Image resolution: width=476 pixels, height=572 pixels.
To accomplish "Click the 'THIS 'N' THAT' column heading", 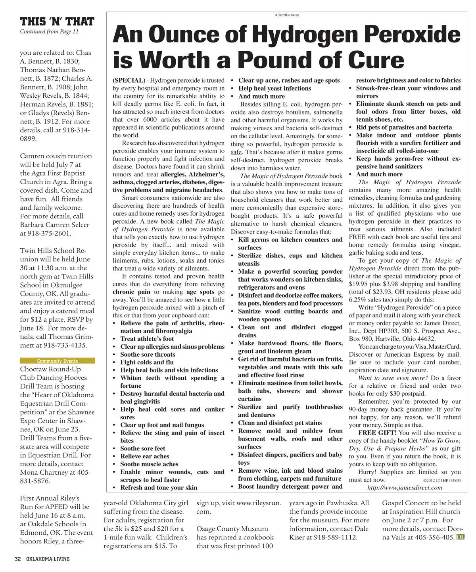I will tap(57, 21).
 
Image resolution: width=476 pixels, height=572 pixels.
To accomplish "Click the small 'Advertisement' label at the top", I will tap(286, 15).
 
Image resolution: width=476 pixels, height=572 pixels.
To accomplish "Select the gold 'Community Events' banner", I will tap(57, 361).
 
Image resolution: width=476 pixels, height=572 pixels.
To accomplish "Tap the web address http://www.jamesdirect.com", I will tap(405, 487).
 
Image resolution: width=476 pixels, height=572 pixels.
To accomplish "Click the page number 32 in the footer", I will tap(18, 559).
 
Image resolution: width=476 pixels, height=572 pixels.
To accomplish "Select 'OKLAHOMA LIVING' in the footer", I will tap(48, 559).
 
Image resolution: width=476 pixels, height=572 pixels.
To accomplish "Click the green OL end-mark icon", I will tap(460, 537).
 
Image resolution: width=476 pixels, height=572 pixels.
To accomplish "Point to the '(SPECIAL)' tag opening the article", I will tap(128, 80).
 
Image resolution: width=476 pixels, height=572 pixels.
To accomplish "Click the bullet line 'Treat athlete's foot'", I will tap(147, 338).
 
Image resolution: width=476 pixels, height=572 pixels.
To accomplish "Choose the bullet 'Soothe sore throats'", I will tap(148, 354).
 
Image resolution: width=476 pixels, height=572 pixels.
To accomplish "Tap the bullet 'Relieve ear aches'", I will tap(145, 456).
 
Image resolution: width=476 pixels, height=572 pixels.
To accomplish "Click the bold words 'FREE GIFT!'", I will tap(378, 433).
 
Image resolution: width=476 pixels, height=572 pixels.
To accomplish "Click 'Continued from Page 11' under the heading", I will tap(49, 32).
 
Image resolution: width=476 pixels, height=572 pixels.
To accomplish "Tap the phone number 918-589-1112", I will tap(337, 537).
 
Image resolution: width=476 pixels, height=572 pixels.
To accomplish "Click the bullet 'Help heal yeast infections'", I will tap(274, 88).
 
